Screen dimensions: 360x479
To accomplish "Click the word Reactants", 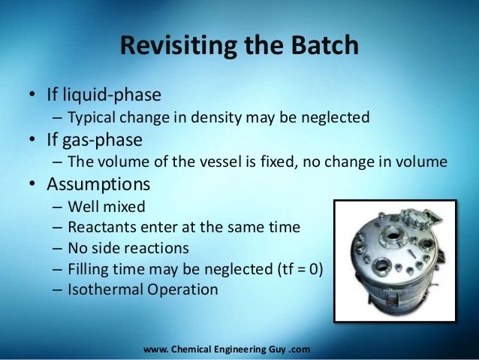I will [100, 226].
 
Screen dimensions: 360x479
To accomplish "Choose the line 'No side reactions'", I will [127, 247].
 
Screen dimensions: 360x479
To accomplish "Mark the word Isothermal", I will [103, 289].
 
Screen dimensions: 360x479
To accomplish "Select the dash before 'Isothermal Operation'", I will [58, 289].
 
